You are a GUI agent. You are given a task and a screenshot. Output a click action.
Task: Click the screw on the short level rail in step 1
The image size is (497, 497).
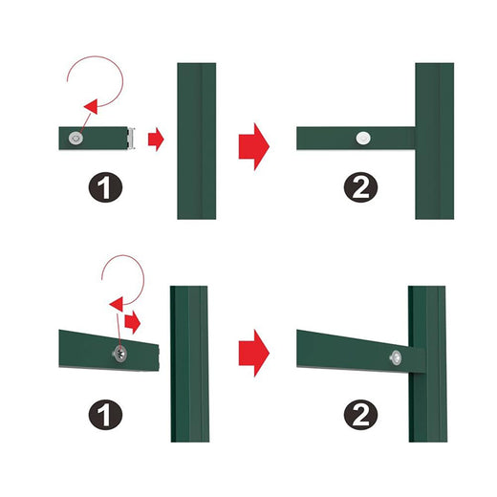click(76, 139)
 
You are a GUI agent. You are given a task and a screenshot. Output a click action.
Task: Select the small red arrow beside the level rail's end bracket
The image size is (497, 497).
click(156, 140)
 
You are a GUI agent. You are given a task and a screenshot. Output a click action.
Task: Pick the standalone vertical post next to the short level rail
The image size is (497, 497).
click(196, 140)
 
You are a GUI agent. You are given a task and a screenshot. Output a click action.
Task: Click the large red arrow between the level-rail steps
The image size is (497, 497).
click(253, 145)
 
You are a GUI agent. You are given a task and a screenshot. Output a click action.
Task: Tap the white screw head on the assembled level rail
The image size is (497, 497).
click(362, 139)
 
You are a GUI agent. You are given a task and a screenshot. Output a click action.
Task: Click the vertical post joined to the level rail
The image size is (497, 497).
click(434, 140)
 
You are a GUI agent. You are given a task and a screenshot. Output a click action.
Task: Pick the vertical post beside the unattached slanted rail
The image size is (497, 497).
click(189, 363)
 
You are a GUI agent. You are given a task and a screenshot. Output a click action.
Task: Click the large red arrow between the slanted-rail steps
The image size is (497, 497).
click(253, 352)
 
